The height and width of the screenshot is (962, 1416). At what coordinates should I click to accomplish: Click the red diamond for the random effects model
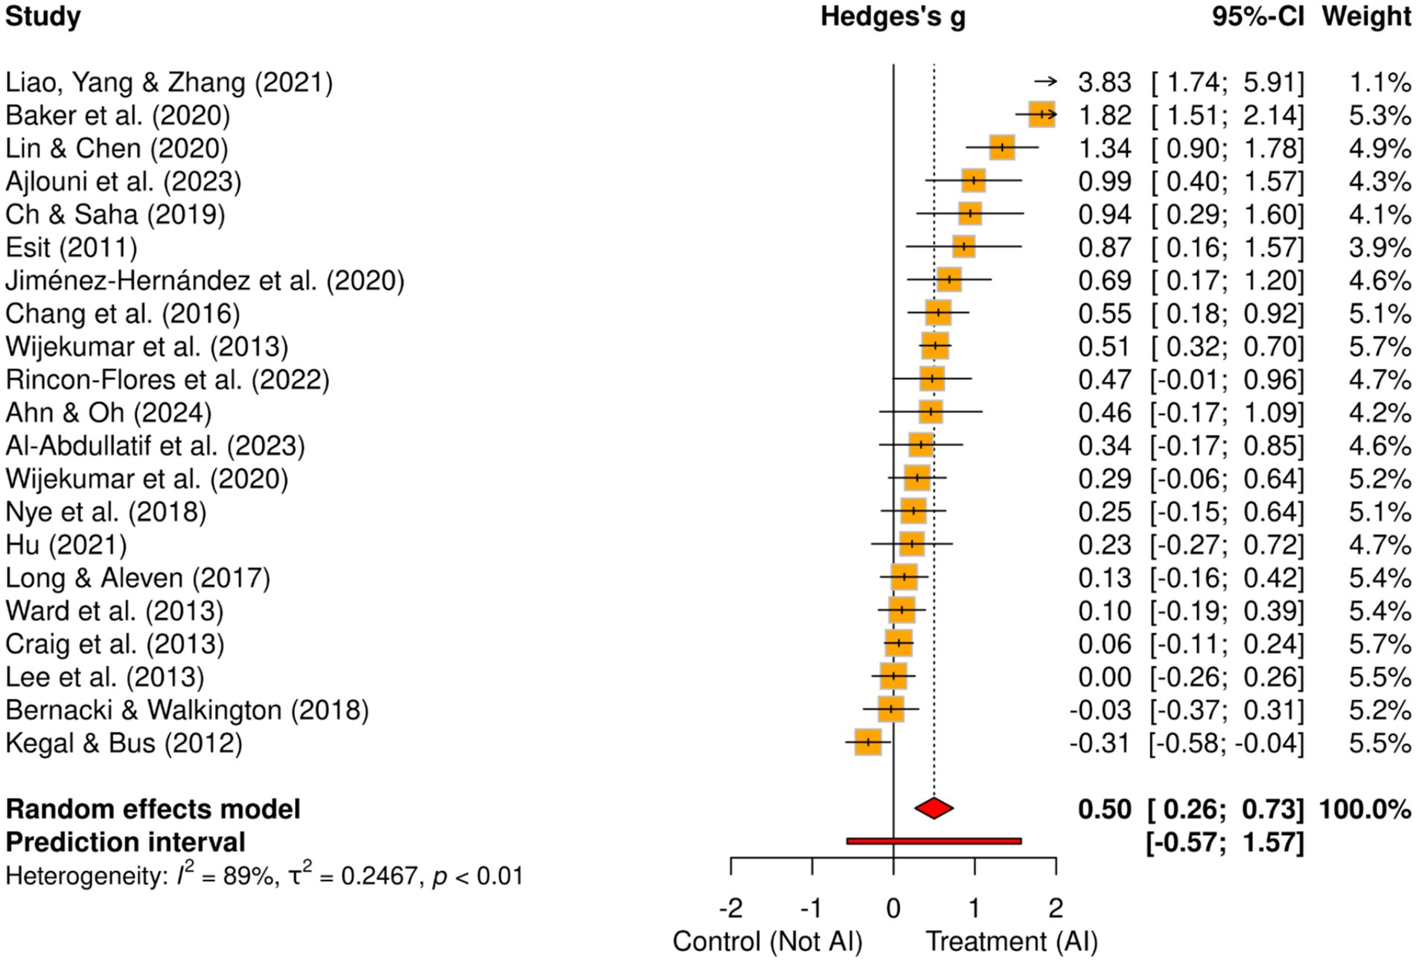(x=934, y=808)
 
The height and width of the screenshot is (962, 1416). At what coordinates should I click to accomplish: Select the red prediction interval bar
(x=934, y=841)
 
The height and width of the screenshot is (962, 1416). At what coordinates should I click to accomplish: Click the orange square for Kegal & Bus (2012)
(x=868, y=742)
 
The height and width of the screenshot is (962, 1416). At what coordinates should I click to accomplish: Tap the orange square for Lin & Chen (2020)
(x=1002, y=147)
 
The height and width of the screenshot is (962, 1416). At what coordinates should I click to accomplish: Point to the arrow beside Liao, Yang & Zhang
(x=1045, y=82)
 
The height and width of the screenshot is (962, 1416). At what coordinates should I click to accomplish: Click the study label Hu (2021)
(x=66, y=545)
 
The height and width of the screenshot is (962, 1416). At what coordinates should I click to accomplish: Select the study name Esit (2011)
(x=71, y=247)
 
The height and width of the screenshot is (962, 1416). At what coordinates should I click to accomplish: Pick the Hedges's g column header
(x=893, y=16)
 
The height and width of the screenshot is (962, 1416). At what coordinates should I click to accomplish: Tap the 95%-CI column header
(x=1257, y=16)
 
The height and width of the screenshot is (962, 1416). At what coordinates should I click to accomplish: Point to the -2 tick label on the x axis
(x=730, y=908)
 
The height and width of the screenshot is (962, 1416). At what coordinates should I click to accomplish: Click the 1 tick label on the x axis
(x=974, y=908)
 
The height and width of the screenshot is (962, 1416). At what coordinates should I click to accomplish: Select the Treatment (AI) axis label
(x=1011, y=942)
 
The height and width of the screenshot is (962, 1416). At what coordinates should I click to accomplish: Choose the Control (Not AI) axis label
(x=767, y=942)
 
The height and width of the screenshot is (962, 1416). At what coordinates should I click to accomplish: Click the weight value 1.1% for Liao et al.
(x=1380, y=82)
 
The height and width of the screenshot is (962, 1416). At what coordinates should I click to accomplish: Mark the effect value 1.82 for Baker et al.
(x=1104, y=115)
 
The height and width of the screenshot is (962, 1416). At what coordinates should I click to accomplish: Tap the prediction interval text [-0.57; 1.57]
(x=1225, y=842)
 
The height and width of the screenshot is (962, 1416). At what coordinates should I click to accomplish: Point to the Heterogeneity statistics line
(x=264, y=875)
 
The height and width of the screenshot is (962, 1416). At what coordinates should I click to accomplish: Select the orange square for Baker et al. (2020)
(x=1042, y=115)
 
